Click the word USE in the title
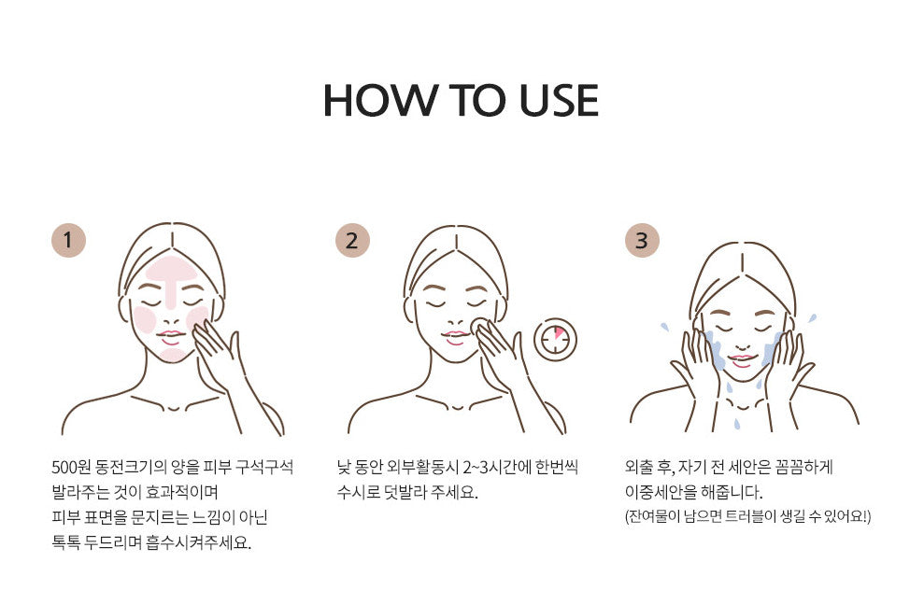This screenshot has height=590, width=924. click(559, 101)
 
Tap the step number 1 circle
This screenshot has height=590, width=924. click(68, 240)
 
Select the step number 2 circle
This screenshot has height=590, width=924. click(352, 240)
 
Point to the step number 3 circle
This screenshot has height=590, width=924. click(642, 240)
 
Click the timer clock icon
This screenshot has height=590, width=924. click(555, 340)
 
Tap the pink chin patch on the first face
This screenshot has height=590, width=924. click(173, 355)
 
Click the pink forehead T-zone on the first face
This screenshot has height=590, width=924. click(171, 276)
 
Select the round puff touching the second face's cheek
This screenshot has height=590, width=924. click(480, 326)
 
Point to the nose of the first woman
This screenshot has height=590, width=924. click(172, 321)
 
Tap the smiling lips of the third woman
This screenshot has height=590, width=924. click(741, 359)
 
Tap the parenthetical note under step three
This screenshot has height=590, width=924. click(747, 517)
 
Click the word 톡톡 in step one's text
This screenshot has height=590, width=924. click(65, 542)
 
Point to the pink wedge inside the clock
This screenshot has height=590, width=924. click(558, 332)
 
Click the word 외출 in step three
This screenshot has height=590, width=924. click(639, 468)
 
